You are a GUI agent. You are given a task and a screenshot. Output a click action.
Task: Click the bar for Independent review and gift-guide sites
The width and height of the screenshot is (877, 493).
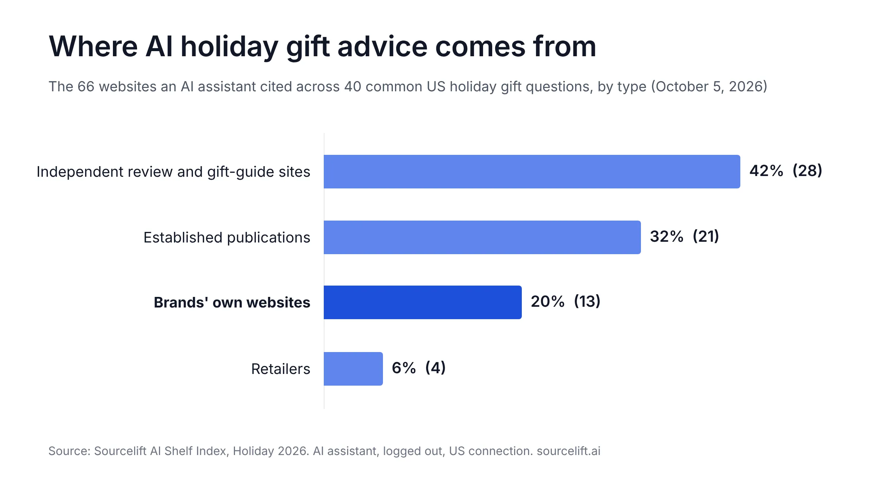532,172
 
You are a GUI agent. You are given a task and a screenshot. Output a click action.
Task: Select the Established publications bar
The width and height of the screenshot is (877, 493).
482,237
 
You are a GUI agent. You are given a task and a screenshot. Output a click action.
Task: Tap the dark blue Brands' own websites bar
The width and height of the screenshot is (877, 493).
423,302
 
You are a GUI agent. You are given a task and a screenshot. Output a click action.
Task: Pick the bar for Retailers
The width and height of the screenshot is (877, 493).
353,369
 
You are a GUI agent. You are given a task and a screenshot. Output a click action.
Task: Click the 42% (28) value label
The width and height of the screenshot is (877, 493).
786,171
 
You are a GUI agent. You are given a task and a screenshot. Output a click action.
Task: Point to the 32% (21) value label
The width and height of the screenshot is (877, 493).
684,236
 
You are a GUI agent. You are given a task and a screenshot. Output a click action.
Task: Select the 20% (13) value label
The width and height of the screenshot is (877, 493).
566,302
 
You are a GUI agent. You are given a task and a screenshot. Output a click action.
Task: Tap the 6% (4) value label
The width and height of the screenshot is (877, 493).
419,368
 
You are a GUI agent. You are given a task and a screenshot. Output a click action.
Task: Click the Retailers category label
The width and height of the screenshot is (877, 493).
281,369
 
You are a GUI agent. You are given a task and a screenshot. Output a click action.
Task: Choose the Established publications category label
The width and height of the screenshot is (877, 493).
227,237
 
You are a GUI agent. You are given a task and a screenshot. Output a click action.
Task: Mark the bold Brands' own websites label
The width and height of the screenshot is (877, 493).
232,302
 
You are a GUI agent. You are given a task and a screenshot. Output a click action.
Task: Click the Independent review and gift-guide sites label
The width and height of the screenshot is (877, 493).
174,172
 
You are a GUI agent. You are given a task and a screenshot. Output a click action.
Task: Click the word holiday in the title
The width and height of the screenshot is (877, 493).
229,47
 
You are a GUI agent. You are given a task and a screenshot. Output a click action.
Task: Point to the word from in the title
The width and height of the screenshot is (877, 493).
565,46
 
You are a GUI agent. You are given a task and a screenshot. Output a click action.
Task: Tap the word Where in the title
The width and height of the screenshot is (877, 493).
93,46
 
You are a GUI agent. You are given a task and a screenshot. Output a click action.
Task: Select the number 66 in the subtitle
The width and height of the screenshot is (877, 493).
86,87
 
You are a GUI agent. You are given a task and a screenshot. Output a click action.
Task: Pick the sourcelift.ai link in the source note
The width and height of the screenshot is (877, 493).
569,451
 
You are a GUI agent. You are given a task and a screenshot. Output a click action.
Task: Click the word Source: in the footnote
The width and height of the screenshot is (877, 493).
69,451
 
